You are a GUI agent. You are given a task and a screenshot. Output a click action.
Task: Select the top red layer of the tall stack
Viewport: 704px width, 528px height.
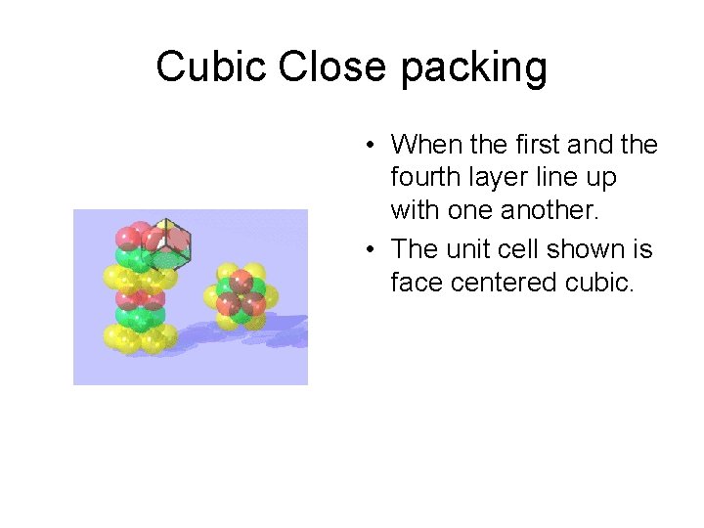pos(137,237)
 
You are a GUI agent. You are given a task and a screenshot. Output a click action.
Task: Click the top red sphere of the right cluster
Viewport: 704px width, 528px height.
pos(242,279)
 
